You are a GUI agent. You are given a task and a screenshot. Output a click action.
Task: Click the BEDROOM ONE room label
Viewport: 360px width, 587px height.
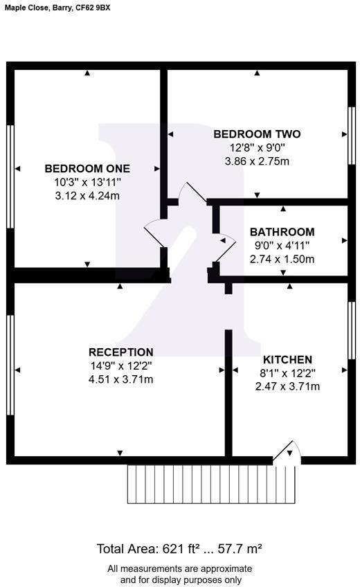pos(87,168)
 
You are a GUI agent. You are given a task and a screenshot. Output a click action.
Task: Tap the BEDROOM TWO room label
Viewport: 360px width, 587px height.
pos(257,134)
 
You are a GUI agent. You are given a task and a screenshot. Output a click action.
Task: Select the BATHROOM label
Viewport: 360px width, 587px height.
pos(282,232)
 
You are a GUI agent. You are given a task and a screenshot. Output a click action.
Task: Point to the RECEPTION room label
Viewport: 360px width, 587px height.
pos(121,352)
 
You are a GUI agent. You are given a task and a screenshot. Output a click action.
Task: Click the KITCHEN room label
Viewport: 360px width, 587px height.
pos(287,359)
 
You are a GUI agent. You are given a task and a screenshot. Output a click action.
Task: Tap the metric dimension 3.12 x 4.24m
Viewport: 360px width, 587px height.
pos(87,195)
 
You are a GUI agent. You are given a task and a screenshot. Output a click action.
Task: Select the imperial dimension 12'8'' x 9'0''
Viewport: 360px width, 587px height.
pos(257,147)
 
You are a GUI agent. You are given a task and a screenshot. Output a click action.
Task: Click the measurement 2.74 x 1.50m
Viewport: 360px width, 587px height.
pos(282,259)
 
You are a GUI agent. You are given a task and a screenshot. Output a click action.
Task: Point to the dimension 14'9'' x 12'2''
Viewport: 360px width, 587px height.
pos(121,365)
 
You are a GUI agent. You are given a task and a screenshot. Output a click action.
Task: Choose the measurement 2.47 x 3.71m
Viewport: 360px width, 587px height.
pos(287,386)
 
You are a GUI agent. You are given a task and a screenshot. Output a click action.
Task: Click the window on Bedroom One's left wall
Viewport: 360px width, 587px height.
pos(10,177)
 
